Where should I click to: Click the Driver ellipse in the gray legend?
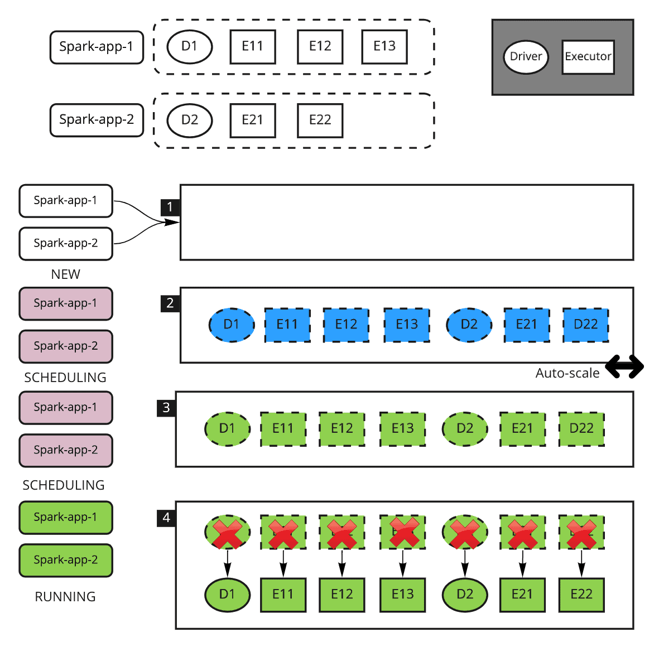526,57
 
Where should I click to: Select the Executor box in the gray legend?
588,57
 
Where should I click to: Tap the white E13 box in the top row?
384,46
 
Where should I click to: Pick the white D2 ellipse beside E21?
190,120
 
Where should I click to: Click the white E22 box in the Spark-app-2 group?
320,120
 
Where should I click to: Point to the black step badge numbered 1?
170,207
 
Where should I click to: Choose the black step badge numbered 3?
166,408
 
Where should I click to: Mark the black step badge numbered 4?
166,518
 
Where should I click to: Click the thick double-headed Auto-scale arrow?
624,366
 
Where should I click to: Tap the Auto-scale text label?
568,373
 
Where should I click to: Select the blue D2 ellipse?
469,325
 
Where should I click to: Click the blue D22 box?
585,325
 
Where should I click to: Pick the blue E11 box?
287,325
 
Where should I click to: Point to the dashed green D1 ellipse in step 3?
227,428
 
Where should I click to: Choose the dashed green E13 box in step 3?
402,428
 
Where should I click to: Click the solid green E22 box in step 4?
581,595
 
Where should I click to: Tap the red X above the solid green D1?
227,533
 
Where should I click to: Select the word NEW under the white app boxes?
65,274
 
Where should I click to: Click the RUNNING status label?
65,597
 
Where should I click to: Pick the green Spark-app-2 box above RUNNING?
66,560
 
